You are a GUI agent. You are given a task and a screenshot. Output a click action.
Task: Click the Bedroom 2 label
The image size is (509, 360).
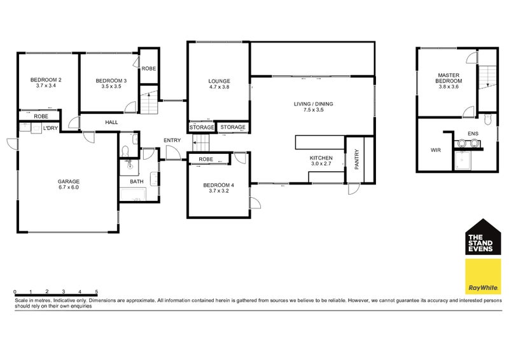(46, 80)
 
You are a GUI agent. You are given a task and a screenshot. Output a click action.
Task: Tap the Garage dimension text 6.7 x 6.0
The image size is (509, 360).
(69, 187)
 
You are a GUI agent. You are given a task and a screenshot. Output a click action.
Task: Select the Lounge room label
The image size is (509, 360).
(219, 81)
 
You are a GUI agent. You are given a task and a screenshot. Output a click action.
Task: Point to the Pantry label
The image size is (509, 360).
(357, 159)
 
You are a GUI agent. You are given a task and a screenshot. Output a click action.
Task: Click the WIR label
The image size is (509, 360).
(436, 150)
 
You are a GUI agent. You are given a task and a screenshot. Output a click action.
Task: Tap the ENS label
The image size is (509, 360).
(473, 134)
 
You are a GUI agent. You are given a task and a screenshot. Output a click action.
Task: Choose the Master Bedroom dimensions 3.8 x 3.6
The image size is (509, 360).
(449, 87)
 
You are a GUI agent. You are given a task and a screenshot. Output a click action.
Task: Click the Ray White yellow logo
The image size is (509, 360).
(483, 276)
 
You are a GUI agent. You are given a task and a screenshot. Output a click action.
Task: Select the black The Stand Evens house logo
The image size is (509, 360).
(483, 237)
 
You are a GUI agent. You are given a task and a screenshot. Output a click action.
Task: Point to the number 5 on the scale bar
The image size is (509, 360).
(97, 291)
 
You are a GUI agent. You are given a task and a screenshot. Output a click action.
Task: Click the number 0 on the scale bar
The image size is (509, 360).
(15, 291)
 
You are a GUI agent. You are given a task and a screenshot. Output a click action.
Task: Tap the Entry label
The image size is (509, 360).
(172, 140)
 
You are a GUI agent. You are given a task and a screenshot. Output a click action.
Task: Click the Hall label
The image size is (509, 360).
(111, 122)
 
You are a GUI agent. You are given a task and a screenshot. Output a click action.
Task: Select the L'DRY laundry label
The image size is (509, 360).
(51, 128)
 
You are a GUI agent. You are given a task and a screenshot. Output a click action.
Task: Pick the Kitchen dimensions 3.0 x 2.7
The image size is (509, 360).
(321, 163)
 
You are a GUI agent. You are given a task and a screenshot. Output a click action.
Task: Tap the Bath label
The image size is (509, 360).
(137, 181)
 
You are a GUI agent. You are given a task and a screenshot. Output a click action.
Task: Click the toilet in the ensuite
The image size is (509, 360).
(487, 119)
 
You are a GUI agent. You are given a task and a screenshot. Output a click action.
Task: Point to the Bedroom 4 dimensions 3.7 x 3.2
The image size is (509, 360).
(219, 191)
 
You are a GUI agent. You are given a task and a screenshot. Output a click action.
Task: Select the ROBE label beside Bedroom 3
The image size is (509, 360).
(149, 69)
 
